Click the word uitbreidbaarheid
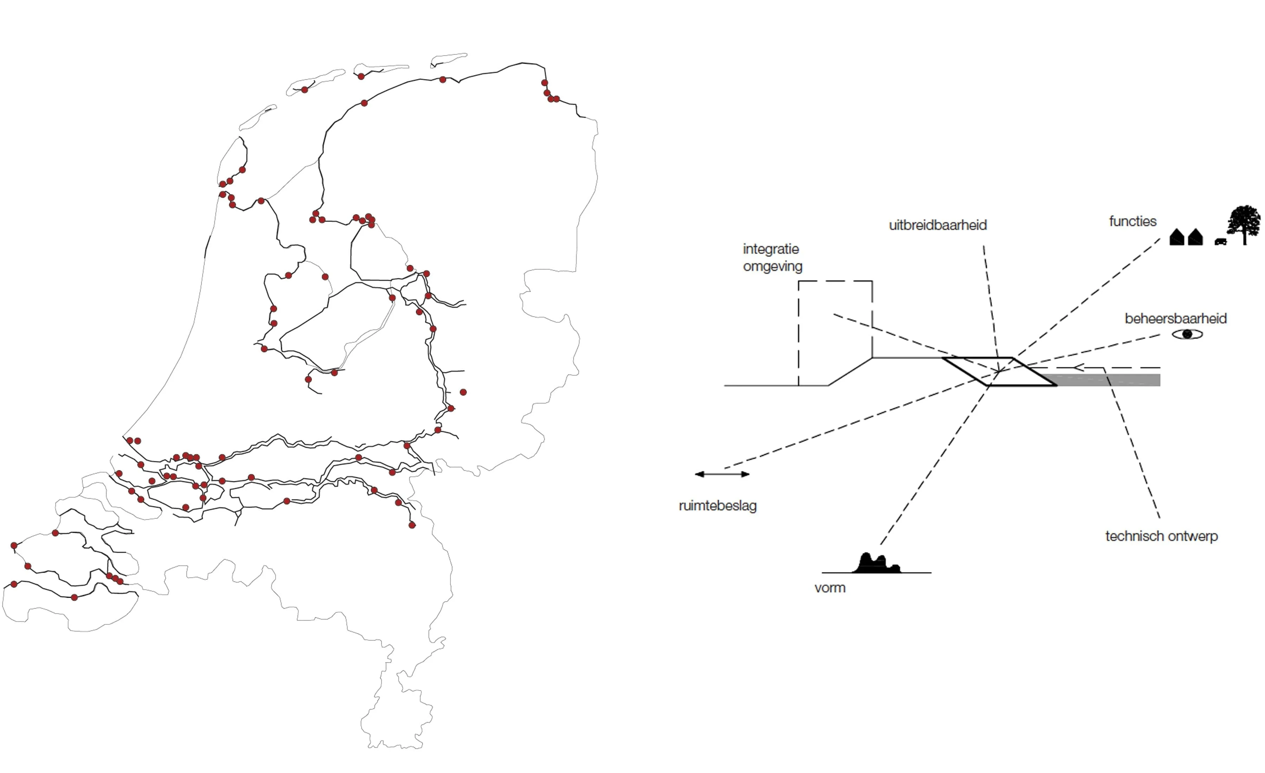(x=938, y=225)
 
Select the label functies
(x=1133, y=222)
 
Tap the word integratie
(x=771, y=249)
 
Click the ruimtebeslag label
(x=717, y=506)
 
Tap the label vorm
(x=830, y=588)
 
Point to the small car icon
(x=1220, y=241)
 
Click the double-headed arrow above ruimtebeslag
(x=722, y=474)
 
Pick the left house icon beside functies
(x=1177, y=238)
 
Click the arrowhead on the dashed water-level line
(x=1078, y=368)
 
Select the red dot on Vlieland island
(x=304, y=90)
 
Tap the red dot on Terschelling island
(x=361, y=77)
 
